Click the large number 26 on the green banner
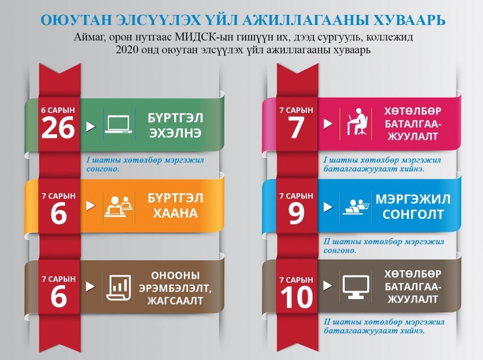58,128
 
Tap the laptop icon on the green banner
118,124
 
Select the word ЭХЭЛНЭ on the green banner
175,133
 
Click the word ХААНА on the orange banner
175,213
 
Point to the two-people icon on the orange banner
118,206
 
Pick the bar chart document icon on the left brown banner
118,287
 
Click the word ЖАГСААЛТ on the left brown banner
175,301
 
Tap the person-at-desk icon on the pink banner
357,122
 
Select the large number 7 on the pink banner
296,128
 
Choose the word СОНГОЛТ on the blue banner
413,214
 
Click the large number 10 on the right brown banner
296,297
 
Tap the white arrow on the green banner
91,126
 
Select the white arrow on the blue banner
328,207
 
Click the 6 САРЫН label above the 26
58,110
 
